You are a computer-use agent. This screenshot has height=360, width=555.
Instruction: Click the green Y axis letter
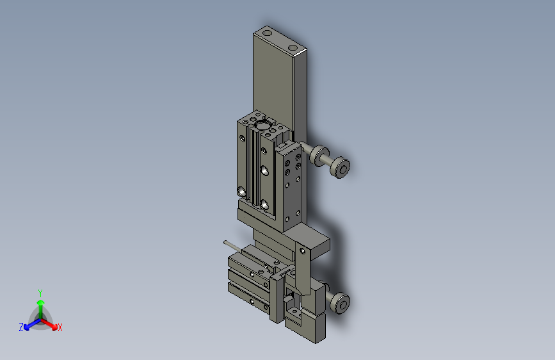40,293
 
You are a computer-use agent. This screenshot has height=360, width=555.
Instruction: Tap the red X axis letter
60,328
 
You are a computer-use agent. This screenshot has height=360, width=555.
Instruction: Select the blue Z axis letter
21,327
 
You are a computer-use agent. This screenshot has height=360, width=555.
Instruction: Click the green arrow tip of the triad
41,302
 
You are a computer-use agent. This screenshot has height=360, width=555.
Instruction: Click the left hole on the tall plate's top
268,33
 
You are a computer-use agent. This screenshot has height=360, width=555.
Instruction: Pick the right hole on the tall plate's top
293,47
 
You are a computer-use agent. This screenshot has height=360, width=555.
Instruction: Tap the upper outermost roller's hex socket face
342,168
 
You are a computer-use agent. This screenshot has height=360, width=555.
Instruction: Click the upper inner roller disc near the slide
319,155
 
